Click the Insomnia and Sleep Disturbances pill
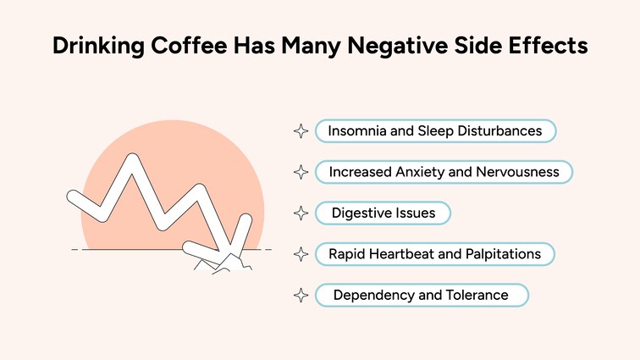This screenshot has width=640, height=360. click(435, 131)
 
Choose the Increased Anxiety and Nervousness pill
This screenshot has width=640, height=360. click(444, 172)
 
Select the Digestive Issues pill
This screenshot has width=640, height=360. click(383, 213)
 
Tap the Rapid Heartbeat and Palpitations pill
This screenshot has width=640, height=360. click(434, 253)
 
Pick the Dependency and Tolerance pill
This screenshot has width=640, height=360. click(421, 295)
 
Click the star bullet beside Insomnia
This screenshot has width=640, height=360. click(300, 131)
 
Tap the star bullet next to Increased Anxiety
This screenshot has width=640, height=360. click(300, 172)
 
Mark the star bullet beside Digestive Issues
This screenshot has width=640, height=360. click(300, 213)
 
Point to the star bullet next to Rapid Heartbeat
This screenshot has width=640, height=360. click(300, 253)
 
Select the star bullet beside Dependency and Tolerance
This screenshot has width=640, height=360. click(300, 295)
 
